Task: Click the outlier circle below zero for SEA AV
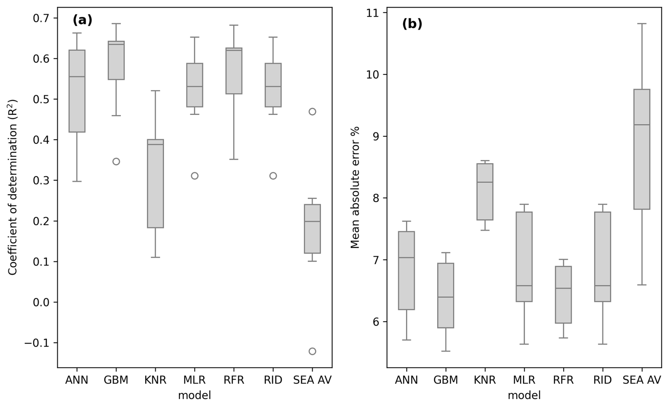(x=312, y=351)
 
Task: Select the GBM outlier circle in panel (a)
(x=116, y=162)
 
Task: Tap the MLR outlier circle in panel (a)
(x=194, y=176)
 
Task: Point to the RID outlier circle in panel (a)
(x=273, y=176)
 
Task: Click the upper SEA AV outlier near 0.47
(x=312, y=112)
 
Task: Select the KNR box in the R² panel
(x=155, y=184)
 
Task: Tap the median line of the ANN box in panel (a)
(x=77, y=76)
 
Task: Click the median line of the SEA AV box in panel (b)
(x=641, y=125)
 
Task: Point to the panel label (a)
(x=82, y=20)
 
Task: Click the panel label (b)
(x=412, y=24)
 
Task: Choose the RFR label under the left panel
(x=234, y=380)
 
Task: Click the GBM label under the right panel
(x=446, y=380)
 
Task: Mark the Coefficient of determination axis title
(x=13, y=187)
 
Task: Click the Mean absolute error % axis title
(x=355, y=187)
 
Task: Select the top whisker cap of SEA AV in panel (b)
(x=641, y=24)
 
